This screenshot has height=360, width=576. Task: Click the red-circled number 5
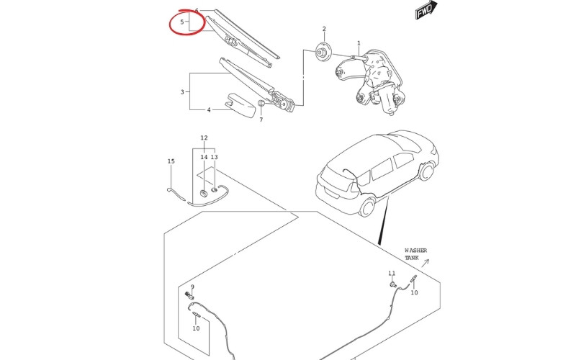click(182, 22)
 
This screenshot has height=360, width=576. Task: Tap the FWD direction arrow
click(426, 11)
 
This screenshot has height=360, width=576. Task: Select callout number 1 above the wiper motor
click(359, 44)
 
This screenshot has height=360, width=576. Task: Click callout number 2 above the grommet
click(324, 30)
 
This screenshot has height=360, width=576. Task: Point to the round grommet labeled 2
click(323, 52)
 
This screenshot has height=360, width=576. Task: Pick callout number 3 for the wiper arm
click(182, 92)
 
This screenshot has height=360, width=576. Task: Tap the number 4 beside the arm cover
click(209, 110)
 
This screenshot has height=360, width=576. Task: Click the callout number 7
click(261, 120)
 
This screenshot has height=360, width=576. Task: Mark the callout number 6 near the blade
click(197, 11)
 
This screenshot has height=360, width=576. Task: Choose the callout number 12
click(204, 138)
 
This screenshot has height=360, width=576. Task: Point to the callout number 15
click(171, 161)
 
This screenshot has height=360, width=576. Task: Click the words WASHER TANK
click(415, 254)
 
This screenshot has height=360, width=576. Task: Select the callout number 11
click(392, 273)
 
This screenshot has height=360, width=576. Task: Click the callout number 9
click(192, 287)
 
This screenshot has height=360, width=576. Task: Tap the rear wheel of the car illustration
click(368, 207)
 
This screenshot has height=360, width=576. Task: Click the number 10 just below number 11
click(414, 293)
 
